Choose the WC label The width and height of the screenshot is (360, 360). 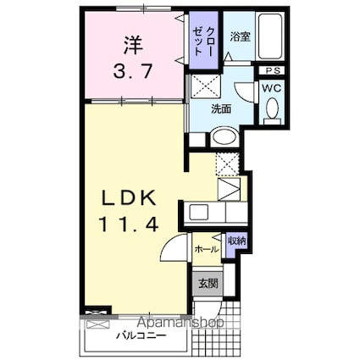click(x=272, y=86)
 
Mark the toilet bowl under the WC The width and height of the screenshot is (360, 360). click(x=272, y=108)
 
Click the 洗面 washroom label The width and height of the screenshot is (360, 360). click(x=222, y=108)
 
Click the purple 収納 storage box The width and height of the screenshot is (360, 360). click(x=235, y=242)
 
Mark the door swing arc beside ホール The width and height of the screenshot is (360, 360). click(x=174, y=252)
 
